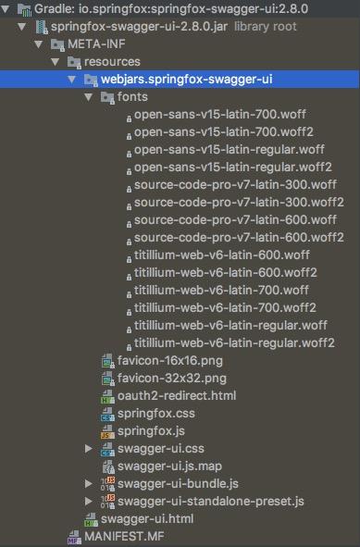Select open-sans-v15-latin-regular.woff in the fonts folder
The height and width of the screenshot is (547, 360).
(228, 150)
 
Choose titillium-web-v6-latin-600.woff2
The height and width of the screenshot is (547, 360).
(226, 273)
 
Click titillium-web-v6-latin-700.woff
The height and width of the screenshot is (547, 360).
(222, 291)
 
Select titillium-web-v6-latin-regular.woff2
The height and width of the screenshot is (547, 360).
(234, 343)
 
